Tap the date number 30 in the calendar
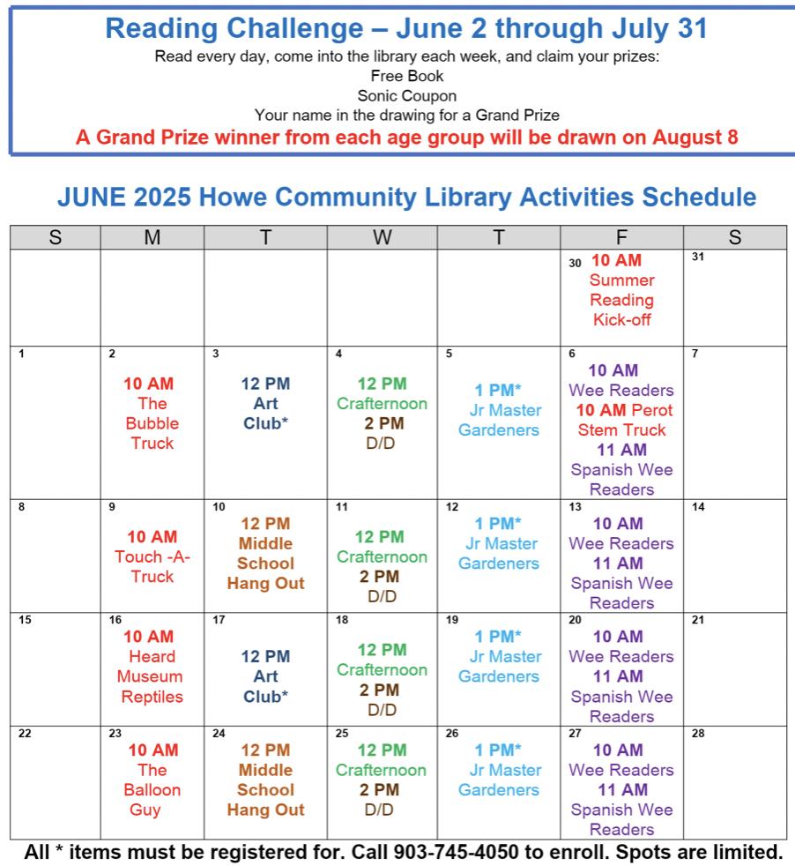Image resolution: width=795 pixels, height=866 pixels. click(575, 262)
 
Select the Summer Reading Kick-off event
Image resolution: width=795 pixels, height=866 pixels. click(621, 300)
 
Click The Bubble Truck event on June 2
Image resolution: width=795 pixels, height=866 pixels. click(152, 423)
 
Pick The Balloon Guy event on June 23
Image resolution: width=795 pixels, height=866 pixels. click(152, 789)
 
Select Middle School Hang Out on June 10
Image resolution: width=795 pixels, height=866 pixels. click(265, 563)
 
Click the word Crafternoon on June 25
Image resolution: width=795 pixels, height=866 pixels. click(381, 770)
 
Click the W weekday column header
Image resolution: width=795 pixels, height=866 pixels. click(381, 237)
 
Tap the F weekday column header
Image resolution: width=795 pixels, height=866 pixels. click(621, 237)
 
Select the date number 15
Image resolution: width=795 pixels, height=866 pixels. click(25, 620)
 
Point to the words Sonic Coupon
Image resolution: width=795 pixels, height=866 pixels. click(407, 95)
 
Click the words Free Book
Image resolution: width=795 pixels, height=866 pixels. click(407, 76)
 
